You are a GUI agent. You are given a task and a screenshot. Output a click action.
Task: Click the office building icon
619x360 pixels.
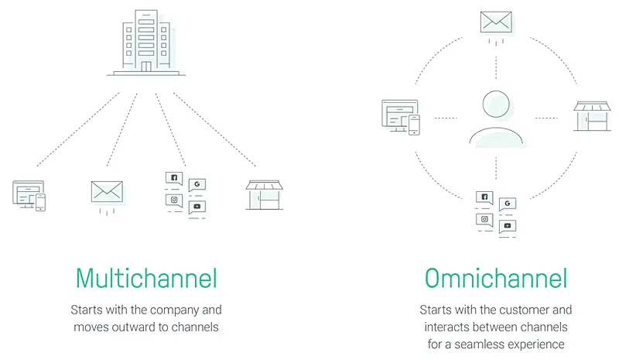point(146,43)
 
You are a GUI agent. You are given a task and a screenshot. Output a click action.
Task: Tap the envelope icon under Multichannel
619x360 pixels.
point(107,192)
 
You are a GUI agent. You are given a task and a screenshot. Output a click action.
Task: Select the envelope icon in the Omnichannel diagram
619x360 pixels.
point(496,22)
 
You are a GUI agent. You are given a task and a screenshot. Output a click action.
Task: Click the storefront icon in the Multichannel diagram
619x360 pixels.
point(264,195)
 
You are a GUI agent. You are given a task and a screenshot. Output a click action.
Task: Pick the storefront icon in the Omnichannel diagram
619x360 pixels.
point(592,116)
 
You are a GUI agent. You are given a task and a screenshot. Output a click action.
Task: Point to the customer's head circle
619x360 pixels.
point(496,104)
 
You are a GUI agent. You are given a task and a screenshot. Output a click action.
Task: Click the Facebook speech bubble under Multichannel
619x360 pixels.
point(174,178)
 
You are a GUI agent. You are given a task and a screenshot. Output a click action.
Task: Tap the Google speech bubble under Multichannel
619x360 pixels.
point(197,184)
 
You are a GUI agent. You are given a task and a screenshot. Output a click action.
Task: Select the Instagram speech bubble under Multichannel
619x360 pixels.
point(174,201)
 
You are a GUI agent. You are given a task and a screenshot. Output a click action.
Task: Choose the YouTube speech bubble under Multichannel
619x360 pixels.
point(197,207)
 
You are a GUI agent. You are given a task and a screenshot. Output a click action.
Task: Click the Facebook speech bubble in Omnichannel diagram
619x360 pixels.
point(484,197)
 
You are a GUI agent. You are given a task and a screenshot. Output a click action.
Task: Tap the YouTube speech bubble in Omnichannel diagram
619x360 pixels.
point(508,226)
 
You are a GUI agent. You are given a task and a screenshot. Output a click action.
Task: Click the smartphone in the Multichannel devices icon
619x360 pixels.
point(41,202)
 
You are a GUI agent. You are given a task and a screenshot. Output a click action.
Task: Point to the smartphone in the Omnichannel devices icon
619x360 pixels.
point(414,125)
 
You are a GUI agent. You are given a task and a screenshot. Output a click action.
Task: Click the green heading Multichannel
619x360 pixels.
point(146,278)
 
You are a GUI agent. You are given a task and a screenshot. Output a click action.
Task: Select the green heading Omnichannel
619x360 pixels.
point(496,278)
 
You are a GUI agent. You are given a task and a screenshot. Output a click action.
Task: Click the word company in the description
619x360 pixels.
point(175,310)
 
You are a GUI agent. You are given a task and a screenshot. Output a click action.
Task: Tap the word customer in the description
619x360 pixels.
point(525,310)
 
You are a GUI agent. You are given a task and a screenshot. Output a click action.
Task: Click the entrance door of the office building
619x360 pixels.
point(146,67)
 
